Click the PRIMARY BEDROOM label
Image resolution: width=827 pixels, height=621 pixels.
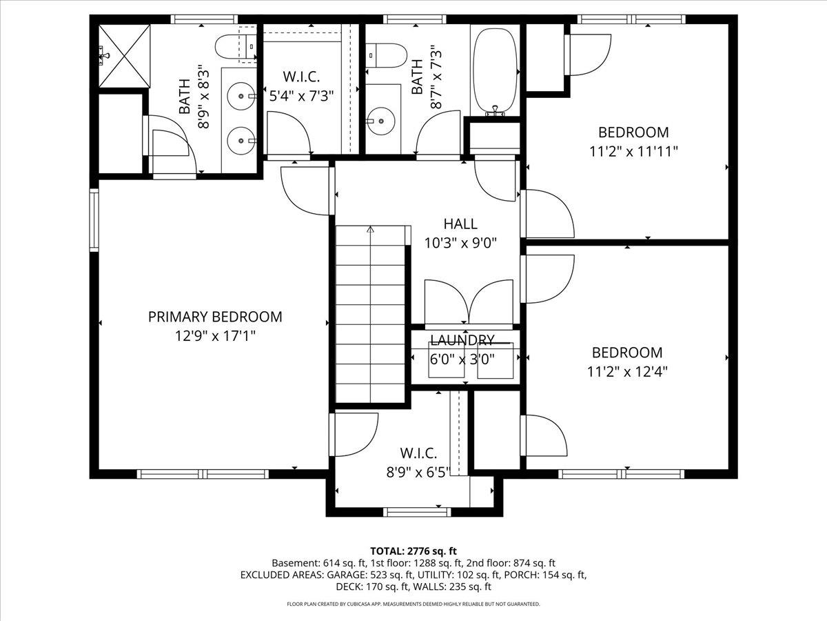point(215,317)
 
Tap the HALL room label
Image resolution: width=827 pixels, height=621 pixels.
point(460,224)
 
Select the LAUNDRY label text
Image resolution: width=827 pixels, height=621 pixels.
point(462,340)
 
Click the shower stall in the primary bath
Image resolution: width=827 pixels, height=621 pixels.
point(124,55)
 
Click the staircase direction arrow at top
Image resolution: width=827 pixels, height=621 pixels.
point(371,230)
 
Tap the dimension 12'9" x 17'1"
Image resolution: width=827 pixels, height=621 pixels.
point(215,336)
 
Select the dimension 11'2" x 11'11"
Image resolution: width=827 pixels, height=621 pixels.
point(633,151)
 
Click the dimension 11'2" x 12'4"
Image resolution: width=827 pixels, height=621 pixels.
point(627,371)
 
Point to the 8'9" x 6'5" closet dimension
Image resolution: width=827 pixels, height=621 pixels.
point(418,473)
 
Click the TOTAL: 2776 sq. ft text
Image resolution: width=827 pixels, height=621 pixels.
point(413,551)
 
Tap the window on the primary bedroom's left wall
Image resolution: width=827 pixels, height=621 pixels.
point(94,219)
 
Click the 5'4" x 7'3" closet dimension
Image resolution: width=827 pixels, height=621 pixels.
point(303,95)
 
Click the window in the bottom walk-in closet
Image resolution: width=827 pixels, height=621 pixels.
point(418,512)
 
